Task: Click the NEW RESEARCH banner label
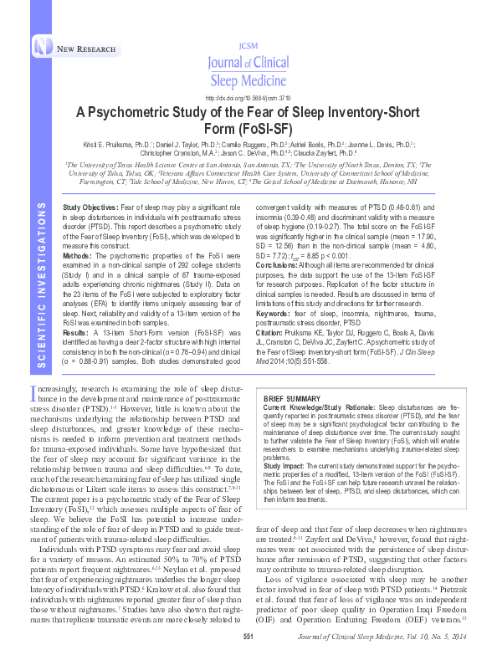click(x=86, y=49)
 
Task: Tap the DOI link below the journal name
click(x=248, y=97)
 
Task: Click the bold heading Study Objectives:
click(x=90, y=206)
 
